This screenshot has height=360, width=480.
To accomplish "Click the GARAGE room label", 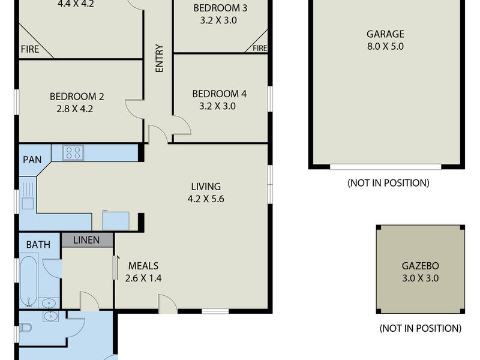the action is click(x=385, y=34).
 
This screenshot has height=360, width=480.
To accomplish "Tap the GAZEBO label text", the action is click(x=421, y=266).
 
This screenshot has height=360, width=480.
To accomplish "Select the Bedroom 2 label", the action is click(x=77, y=97).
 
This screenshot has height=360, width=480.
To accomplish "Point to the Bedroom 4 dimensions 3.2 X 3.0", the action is click(x=217, y=106).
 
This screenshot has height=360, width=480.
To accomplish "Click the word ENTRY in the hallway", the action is click(x=160, y=58).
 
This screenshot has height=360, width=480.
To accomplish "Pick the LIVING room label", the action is click(x=206, y=187).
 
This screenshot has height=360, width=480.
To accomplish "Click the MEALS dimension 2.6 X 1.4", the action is click(x=143, y=278).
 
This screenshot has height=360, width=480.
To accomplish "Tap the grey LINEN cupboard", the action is click(x=87, y=240).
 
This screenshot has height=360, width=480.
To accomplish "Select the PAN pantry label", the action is click(x=32, y=160).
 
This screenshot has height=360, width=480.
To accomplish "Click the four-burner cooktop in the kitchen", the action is click(x=73, y=153).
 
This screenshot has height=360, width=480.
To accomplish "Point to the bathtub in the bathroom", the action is click(x=29, y=281).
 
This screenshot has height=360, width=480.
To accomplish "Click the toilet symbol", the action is click(x=26, y=328).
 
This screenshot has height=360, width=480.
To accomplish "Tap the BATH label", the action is click(x=38, y=245).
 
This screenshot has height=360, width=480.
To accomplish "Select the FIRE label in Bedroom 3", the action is click(x=260, y=48).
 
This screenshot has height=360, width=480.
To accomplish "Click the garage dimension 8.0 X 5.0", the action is click(x=385, y=46).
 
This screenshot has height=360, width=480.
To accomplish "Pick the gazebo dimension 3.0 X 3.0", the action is click(x=421, y=278).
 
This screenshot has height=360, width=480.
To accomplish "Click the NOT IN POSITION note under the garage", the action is click(x=388, y=183).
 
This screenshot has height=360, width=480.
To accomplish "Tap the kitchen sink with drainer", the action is click(x=28, y=196).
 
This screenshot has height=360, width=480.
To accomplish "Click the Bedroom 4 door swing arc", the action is click(x=185, y=122).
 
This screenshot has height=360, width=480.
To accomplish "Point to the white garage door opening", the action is click(x=385, y=167).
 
